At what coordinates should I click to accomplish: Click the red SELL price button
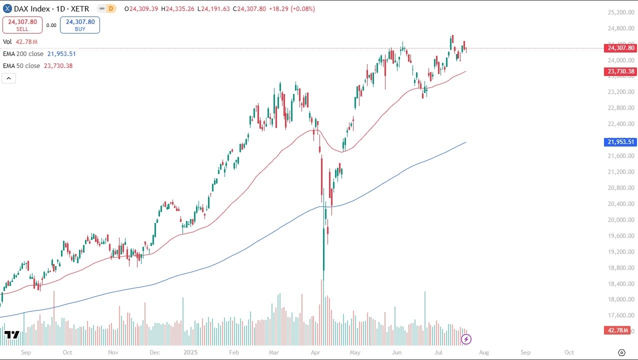click(22, 25)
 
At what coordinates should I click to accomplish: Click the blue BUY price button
click(80, 25)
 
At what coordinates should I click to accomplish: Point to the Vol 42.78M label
click(20, 42)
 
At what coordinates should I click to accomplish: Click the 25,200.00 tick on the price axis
click(620, 12)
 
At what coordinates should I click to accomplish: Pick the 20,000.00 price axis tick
click(620, 220)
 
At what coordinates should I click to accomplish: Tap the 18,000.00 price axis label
click(620, 299)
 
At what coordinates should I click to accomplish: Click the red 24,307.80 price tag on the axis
click(620, 48)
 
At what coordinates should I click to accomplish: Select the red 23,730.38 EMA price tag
click(620, 71)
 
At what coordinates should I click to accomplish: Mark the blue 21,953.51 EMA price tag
click(620, 142)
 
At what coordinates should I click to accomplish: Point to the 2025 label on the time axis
click(191, 352)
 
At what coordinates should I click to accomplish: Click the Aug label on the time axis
click(483, 352)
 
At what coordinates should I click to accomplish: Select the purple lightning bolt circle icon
click(466, 339)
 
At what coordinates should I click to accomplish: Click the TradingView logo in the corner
click(11, 334)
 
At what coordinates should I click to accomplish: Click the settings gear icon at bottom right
click(621, 352)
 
